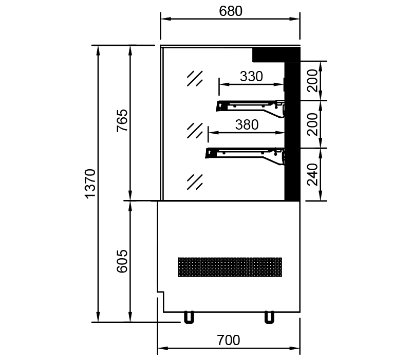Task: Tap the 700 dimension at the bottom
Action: [229, 340]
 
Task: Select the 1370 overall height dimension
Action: [90, 183]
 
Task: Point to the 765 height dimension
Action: [122, 122]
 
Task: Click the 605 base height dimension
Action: [122, 262]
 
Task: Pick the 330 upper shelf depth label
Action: [251, 77]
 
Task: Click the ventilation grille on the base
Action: [230, 266]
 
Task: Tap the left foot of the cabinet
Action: [189, 317]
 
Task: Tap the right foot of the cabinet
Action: [268, 317]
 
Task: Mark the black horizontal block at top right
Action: [275, 53]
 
